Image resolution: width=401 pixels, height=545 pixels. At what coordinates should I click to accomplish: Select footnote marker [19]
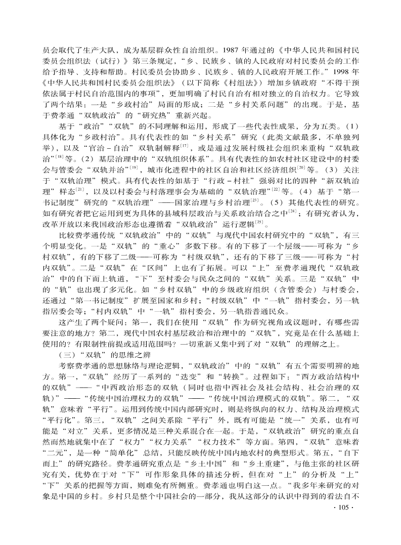point(135,167)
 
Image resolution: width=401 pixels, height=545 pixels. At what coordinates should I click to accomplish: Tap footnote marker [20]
point(301,167)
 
